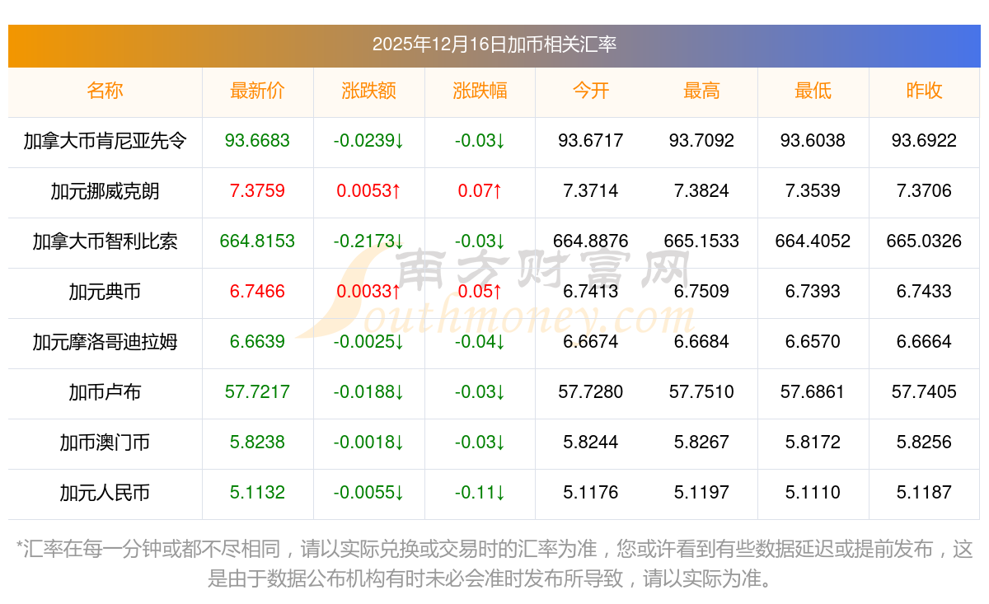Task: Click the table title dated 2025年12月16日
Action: (494, 44)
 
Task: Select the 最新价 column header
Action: (257, 91)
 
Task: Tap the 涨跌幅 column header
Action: (480, 91)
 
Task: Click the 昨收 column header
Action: (924, 91)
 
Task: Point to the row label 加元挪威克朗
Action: (105, 191)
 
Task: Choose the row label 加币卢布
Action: (105, 392)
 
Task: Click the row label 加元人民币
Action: (105, 493)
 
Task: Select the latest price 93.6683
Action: (257, 141)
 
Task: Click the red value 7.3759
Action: (257, 191)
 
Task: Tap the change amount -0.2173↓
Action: (368, 241)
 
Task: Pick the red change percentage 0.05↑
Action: (480, 292)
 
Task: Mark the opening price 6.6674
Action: (590, 342)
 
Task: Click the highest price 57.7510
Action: (701, 392)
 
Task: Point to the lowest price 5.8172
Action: (813, 442)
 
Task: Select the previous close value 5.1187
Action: (924, 493)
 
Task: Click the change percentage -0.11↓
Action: (480, 493)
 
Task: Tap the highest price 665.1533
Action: (701, 241)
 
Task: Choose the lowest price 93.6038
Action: (813, 141)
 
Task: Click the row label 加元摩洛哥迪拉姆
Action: (105, 342)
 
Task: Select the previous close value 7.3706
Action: (924, 191)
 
